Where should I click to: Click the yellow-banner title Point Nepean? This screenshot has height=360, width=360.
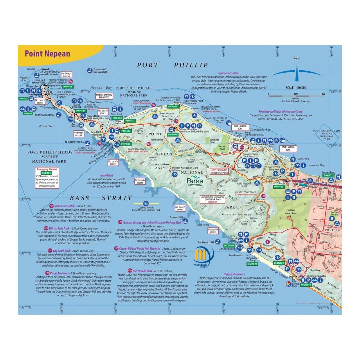pyautogui.click(x=47, y=54)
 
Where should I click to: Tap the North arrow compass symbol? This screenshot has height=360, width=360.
pyautogui.click(x=296, y=72)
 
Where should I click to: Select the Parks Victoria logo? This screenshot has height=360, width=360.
pyautogui.click(x=195, y=181)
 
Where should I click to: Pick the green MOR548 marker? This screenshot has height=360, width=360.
pyautogui.click(x=252, y=264)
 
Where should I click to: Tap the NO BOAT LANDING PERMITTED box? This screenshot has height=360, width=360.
pyautogui.click(x=104, y=96)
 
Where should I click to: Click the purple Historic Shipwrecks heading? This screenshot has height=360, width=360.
pyautogui.click(x=240, y=274)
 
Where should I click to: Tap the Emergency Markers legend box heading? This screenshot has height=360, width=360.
pyautogui.click(x=47, y=169)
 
